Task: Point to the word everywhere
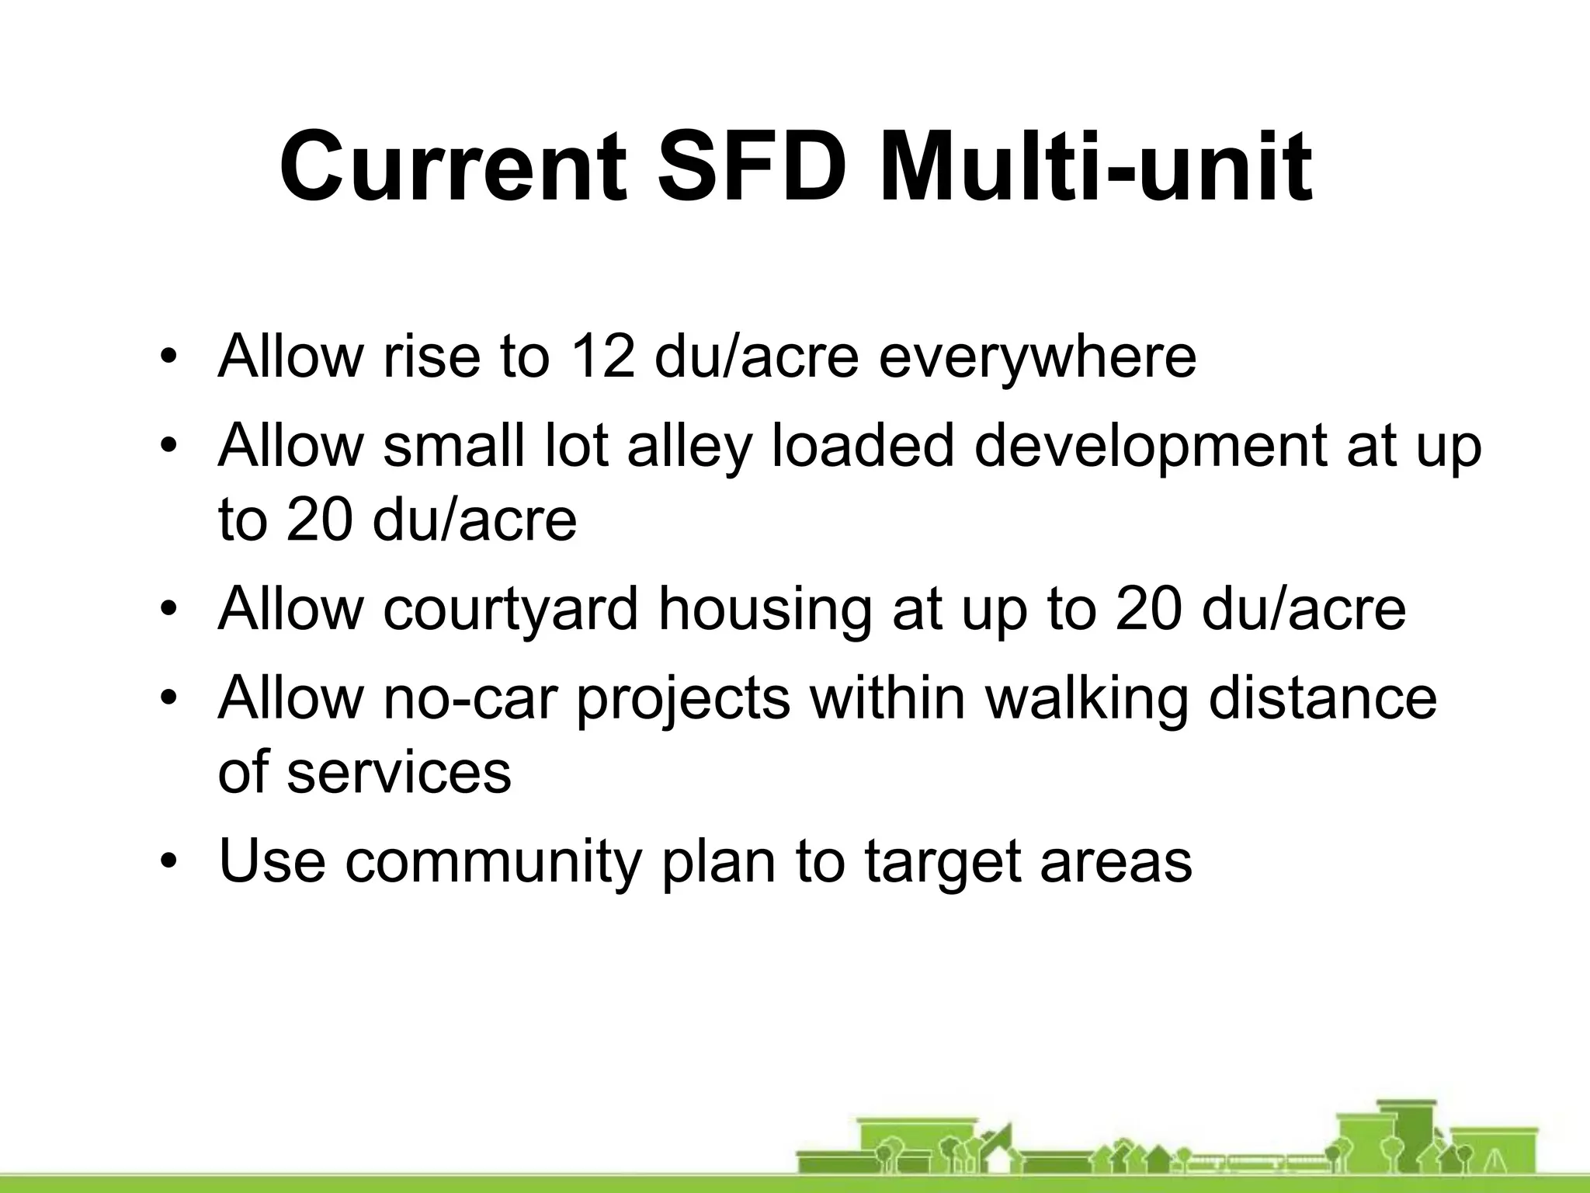[x=1037, y=357]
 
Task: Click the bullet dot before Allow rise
[x=169, y=358]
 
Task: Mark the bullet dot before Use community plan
[x=169, y=862]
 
